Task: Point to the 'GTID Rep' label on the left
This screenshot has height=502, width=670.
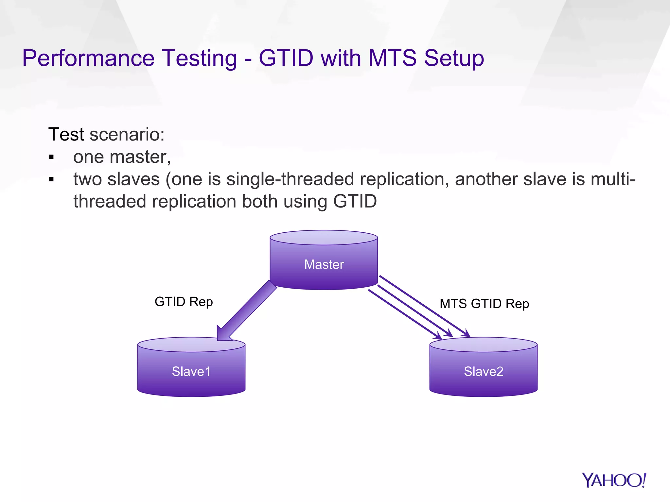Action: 184,301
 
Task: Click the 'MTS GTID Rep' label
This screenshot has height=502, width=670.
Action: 484,304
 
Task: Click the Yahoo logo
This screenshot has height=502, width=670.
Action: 614,480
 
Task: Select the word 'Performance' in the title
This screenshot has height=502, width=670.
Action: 88,58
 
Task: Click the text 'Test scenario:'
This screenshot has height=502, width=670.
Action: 106,134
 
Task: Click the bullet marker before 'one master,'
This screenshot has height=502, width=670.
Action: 51,158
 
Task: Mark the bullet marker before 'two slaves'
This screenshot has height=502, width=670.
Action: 51,179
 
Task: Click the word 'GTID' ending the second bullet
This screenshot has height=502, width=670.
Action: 355,201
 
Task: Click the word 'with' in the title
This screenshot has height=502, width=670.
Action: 341,58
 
